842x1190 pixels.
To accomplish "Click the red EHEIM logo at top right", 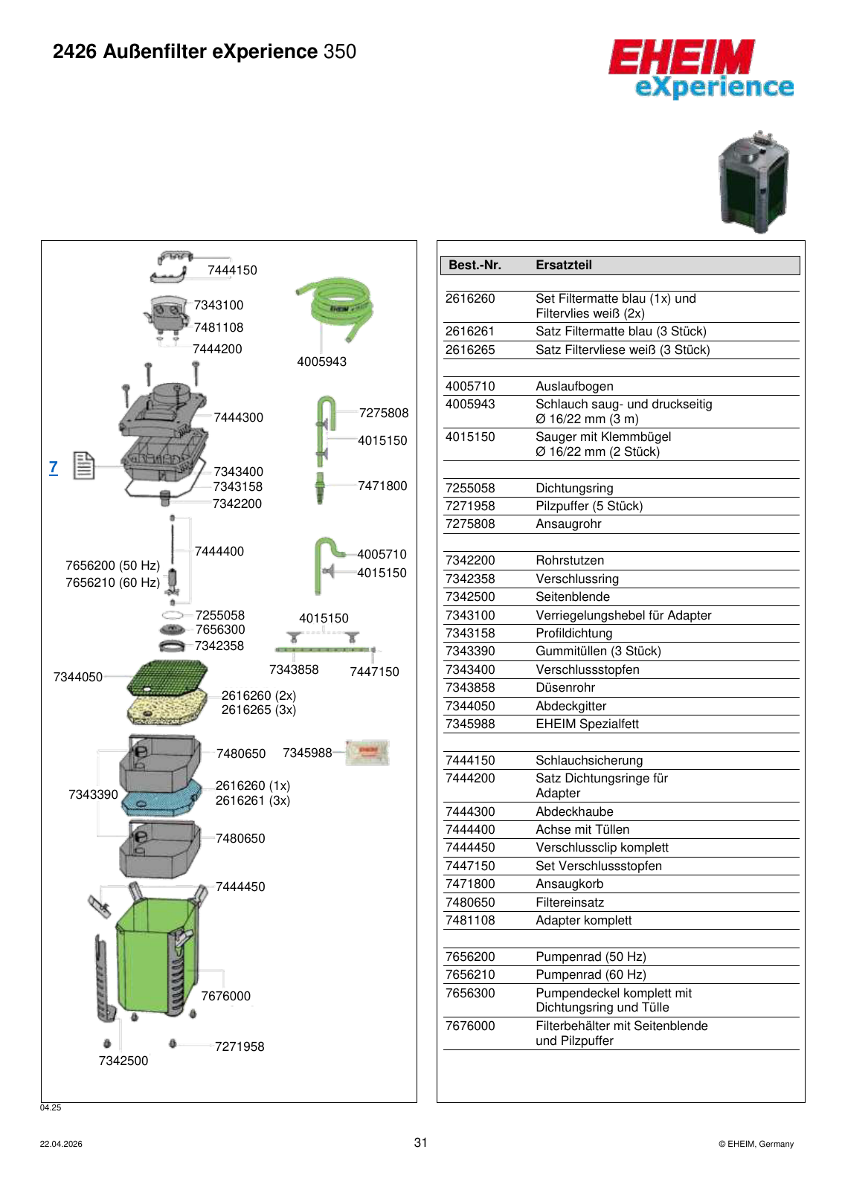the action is pyautogui.click(x=681, y=57).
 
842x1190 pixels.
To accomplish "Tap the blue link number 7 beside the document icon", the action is pyautogui.click(x=53, y=468).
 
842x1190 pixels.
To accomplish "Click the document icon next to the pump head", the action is pyautogui.click(x=84, y=466).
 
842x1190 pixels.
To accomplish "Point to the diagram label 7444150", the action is pyautogui.click(x=232, y=271).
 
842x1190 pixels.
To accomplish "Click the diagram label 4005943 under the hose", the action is pyautogui.click(x=321, y=361).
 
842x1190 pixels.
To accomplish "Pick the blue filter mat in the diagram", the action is pyautogui.click(x=162, y=797).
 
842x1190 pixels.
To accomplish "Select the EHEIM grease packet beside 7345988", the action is pyautogui.click(x=367, y=752).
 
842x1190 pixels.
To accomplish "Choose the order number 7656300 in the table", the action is pyautogui.click(x=470, y=993).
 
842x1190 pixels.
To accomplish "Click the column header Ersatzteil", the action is pyautogui.click(x=564, y=265).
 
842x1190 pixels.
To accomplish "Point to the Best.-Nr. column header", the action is pyautogui.click(x=475, y=265).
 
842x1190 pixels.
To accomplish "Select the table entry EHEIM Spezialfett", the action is pyautogui.click(x=587, y=724).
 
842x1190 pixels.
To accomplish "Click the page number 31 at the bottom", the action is pyautogui.click(x=421, y=1142).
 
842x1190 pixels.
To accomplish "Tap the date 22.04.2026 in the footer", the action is pyautogui.click(x=61, y=1145).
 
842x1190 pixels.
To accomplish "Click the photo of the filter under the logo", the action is pyautogui.click(x=753, y=181).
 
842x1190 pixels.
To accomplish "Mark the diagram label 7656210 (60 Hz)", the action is pyautogui.click(x=112, y=583).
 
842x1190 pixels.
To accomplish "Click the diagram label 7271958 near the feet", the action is pyautogui.click(x=240, y=1046).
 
